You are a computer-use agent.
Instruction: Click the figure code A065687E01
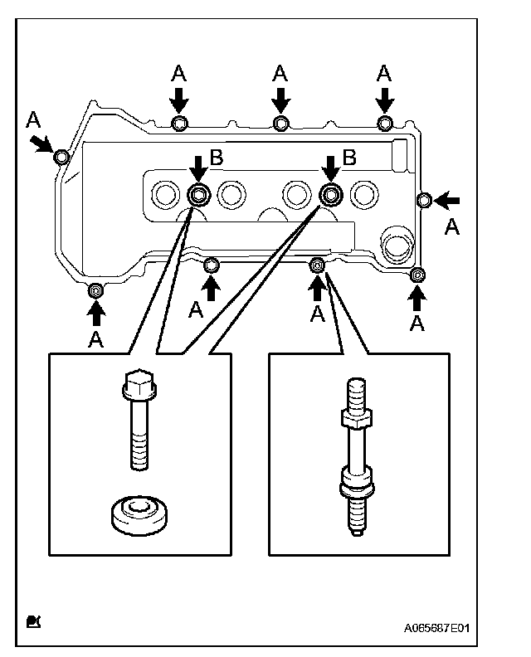point(436,628)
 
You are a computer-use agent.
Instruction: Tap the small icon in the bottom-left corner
point(33,621)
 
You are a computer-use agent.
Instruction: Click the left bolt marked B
point(198,195)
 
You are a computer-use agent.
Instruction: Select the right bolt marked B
point(331,194)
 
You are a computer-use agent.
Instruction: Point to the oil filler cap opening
point(397,244)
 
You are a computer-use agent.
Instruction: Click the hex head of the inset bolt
point(139,383)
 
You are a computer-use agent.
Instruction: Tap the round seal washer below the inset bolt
point(139,515)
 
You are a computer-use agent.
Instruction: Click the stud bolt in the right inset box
point(357,456)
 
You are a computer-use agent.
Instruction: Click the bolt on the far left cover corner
point(61,157)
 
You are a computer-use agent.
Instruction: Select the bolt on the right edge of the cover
point(424,200)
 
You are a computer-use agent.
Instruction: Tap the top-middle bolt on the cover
point(280,124)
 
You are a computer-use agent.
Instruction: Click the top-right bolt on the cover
point(385,123)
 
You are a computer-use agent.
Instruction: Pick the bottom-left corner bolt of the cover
point(96,290)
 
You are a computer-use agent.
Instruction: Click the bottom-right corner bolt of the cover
point(417,275)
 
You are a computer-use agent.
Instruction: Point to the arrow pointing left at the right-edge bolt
point(446,201)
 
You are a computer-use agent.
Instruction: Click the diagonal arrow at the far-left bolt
point(42,144)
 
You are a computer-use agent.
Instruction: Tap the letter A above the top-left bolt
point(179,73)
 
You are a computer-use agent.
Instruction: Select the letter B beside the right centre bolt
point(349,158)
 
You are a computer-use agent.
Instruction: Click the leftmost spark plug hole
point(165,194)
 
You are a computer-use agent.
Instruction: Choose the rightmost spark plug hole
point(364,195)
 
